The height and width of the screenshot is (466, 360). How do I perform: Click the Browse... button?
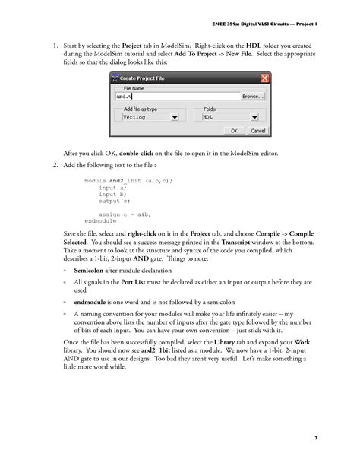[x=252, y=97]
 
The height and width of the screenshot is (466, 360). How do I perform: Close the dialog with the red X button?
[x=265, y=78]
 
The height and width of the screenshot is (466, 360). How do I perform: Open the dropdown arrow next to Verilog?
[x=175, y=118]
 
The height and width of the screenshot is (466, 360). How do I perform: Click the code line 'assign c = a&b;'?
[x=125, y=214]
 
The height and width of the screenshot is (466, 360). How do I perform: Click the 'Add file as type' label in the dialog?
[x=141, y=109]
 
